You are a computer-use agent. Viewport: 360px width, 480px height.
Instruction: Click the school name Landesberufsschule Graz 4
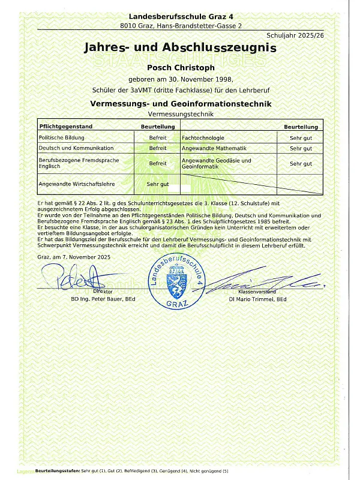(x=180, y=16)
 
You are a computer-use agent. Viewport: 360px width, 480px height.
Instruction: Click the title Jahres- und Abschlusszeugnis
(x=180, y=48)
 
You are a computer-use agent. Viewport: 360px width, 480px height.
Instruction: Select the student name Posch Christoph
(x=180, y=68)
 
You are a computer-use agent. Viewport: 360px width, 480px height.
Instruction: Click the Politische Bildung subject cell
(x=61, y=138)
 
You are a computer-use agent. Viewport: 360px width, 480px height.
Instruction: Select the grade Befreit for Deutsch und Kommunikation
(x=158, y=148)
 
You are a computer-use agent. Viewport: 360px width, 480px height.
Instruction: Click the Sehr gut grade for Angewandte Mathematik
(x=301, y=148)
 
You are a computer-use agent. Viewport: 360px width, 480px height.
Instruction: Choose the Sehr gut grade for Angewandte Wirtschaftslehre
(x=158, y=184)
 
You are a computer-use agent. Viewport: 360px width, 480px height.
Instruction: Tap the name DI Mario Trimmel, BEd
(x=257, y=299)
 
